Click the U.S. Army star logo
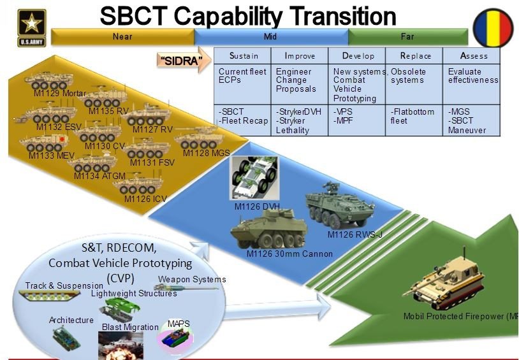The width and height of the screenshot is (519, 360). coord(31,28)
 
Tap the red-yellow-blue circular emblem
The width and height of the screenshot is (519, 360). coord(493,28)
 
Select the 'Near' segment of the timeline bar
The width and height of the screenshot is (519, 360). coord(122,36)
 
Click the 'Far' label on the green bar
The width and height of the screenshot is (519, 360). coord(407,36)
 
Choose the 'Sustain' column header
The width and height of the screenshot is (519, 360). coord(243,56)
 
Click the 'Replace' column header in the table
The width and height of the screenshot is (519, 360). coord(414,56)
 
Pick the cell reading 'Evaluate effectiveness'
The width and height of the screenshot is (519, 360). coord(472,84)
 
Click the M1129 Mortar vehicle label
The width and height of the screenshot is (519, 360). coord(60,93)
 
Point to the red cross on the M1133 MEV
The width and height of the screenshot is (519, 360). coord(62,140)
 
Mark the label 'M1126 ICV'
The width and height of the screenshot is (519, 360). coord(145,199)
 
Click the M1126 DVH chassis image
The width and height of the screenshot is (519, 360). coord(255,178)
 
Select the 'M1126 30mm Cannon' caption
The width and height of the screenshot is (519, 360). coord(289,254)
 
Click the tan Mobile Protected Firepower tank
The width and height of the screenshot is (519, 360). coord(444,281)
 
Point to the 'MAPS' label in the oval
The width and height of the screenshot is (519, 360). coord(179,323)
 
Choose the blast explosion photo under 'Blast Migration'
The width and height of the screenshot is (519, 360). coord(121,345)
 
